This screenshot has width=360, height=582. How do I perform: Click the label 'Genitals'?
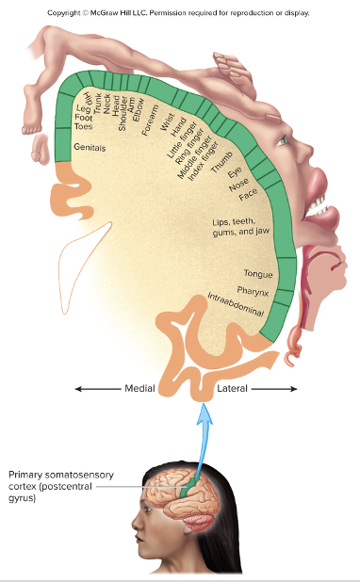coord(90,148)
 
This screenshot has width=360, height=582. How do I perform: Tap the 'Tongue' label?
coord(258,274)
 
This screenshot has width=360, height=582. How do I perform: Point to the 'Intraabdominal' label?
coord(236,305)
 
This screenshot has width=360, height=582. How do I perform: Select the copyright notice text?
coord(179,13)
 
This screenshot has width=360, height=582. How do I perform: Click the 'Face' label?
coord(249,195)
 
